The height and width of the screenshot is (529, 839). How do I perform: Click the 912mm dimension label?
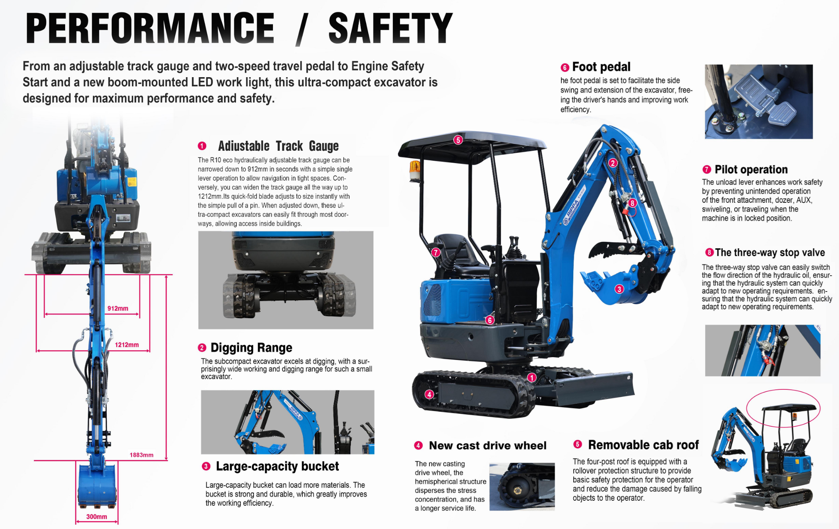point(118,309)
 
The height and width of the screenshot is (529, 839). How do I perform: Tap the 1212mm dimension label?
point(127,345)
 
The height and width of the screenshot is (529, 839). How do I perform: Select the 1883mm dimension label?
point(141,455)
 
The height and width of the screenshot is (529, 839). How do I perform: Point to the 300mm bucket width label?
point(97,517)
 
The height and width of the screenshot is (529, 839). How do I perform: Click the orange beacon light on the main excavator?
point(415,170)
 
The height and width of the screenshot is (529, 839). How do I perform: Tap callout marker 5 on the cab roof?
point(458,140)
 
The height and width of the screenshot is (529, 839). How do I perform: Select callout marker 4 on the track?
point(429,394)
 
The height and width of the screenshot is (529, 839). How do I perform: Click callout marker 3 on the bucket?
point(619,289)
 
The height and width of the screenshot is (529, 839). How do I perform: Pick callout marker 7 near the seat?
point(436,253)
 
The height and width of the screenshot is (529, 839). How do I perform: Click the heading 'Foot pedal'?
point(601,67)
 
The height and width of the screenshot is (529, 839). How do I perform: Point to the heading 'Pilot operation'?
point(751,170)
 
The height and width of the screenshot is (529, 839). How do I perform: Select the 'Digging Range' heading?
point(251,348)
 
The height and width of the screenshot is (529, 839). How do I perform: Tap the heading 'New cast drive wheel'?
point(487,445)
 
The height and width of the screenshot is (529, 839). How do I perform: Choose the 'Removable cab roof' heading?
point(643,445)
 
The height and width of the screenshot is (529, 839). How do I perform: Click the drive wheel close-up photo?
point(522,486)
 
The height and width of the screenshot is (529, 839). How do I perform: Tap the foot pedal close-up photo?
point(758,101)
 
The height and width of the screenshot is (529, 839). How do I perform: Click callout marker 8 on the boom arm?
point(632,203)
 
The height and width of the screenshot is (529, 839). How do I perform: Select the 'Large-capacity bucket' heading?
point(277,466)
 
